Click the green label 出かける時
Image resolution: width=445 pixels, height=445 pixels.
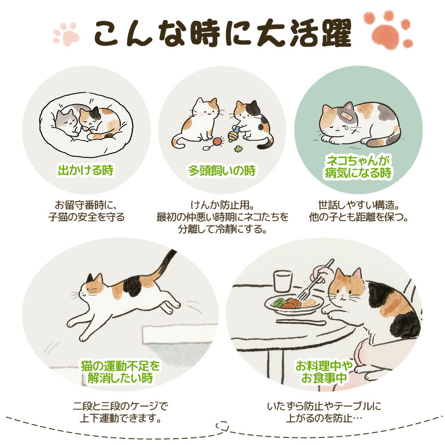pos(86,170)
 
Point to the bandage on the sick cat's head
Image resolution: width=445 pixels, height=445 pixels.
pos(348,116)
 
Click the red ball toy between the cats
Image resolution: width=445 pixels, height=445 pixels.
pos(217,141)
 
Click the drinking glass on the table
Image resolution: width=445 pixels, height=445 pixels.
pos(283,281)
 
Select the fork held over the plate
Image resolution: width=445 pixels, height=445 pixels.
pos(315,280)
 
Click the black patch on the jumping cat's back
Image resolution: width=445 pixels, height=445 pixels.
pos(132,287)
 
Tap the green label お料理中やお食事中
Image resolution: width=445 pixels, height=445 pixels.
pos(324,372)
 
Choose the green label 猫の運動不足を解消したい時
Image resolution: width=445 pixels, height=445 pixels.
pos(120,372)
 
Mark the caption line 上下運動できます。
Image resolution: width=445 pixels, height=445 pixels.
pos(120,418)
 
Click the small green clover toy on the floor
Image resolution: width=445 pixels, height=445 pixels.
pos(238,149)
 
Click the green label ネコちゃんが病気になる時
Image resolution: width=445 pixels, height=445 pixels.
pos(358,167)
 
